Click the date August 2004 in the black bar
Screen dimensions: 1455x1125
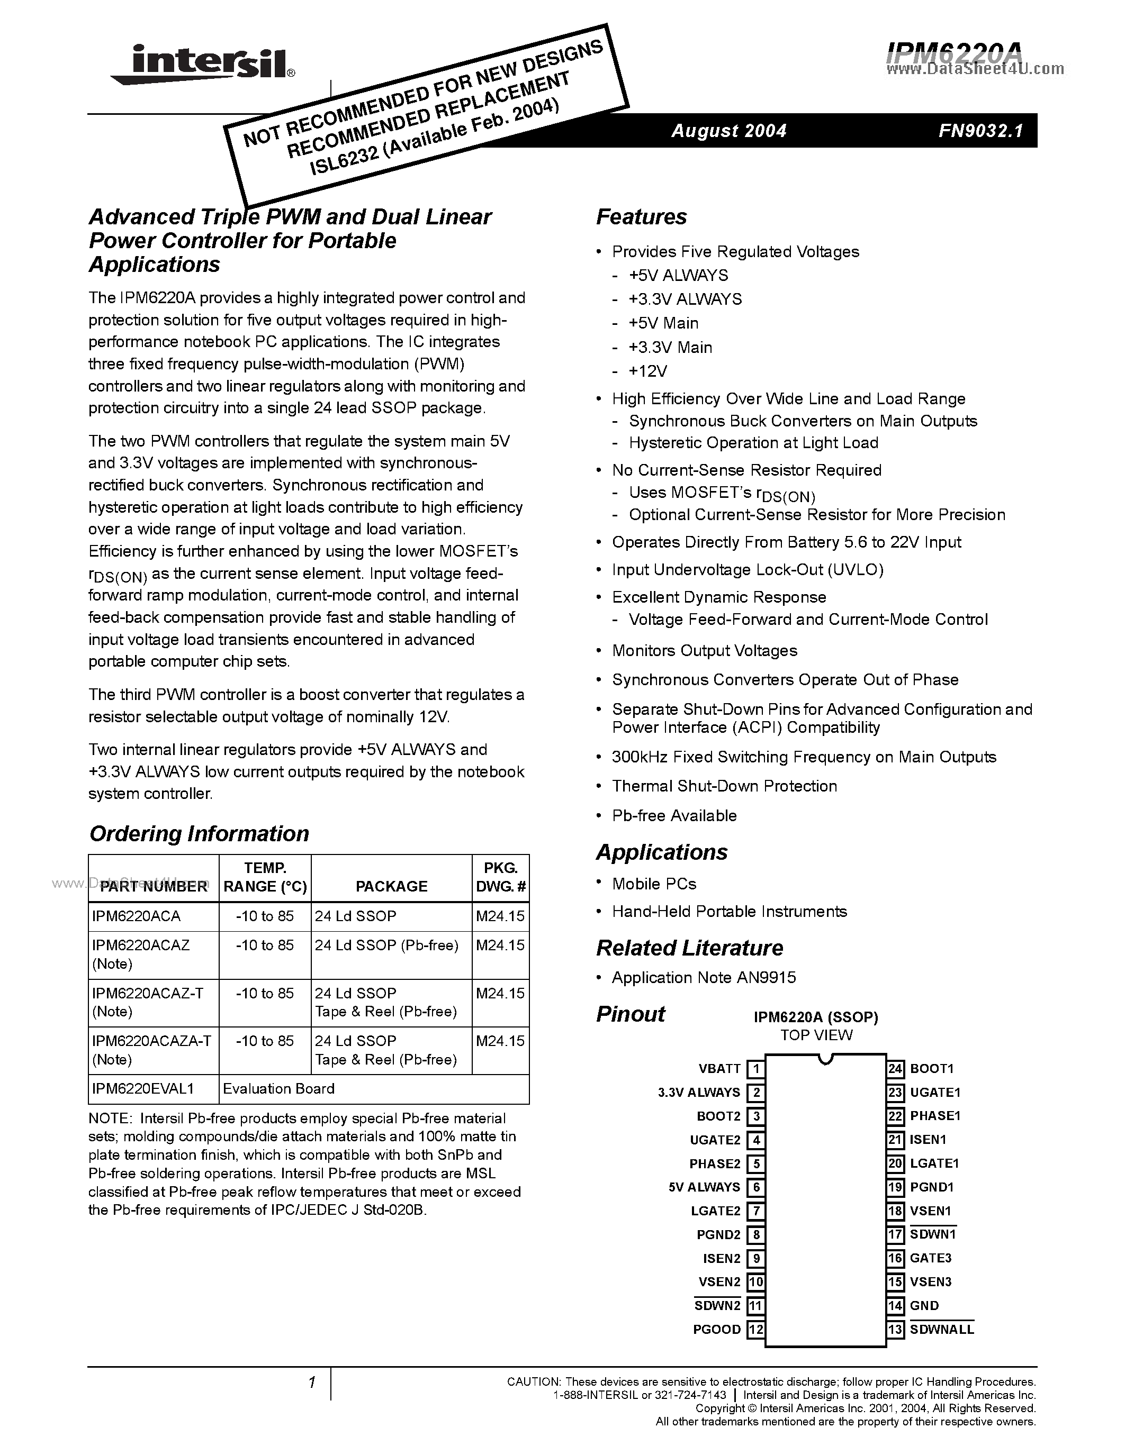(728, 131)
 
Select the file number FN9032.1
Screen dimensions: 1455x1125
(980, 131)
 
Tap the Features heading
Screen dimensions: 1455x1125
(641, 217)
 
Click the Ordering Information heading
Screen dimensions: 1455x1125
(199, 833)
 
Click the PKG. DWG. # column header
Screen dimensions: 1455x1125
(500, 877)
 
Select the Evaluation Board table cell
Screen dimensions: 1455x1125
(278, 1088)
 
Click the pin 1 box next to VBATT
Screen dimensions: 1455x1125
(755, 1069)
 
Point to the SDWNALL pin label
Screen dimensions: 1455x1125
(942, 1330)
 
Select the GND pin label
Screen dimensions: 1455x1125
(924, 1306)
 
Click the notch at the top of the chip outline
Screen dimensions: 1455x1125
(825, 1059)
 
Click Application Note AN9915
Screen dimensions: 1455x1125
(704, 977)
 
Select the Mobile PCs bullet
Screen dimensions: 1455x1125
(654, 884)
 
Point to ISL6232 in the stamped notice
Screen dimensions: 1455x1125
(343, 161)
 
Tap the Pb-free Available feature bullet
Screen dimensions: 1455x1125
(674, 815)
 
